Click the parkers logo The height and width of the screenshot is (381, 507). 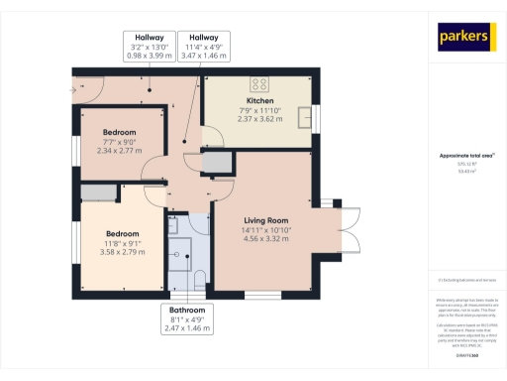pos(465,38)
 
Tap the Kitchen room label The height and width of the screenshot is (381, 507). pos(260,101)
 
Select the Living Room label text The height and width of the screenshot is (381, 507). pos(265,220)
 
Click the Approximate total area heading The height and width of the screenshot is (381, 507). pos(466,156)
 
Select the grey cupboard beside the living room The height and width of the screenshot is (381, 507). pos(216,161)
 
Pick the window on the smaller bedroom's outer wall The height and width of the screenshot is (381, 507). pos(76,144)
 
